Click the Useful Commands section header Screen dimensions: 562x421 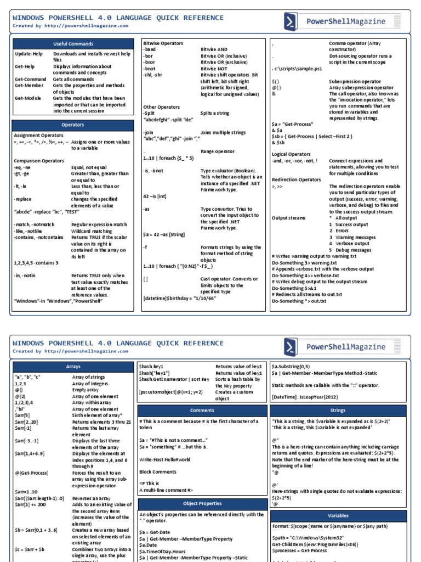pos(73,43)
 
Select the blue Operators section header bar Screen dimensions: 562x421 pos(73,125)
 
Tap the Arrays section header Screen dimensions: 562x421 pos(73,366)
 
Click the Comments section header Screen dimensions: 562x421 pos(202,410)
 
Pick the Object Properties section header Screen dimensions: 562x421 pos(202,503)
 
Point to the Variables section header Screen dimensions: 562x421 pos(338,516)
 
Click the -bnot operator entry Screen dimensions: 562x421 pos(151,68)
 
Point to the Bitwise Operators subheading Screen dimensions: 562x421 pos(163,43)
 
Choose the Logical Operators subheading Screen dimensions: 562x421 pos(291,154)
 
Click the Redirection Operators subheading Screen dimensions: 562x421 pos(297,179)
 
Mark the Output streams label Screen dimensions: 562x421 pos(289,218)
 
